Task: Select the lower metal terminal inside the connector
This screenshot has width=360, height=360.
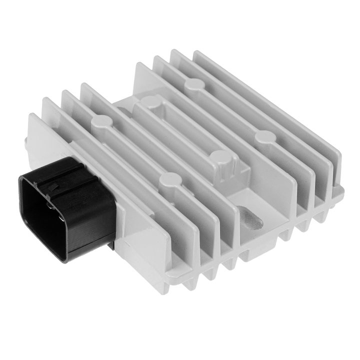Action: [61, 217]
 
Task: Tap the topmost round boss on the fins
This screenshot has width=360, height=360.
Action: [193, 84]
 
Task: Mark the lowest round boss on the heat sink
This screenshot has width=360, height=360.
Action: [170, 178]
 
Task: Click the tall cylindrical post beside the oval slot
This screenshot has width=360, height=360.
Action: [220, 161]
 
